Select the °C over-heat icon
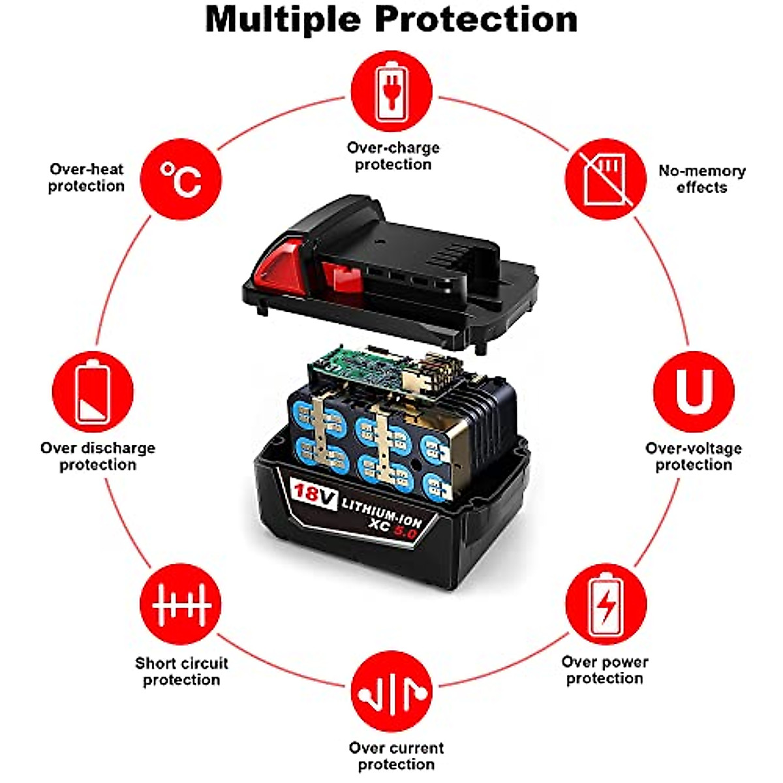pyautogui.click(x=181, y=179)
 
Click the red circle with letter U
pyautogui.click(x=694, y=391)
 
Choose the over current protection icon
pyautogui.click(x=391, y=691)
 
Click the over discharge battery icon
pyautogui.click(x=93, y=391)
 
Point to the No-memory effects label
pyautogui.click(x=701, y=179)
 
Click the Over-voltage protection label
pyautogui.click(x=694, y=456)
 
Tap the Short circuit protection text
pyautogui.click(x=181, y=671)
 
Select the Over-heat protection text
pyautogui.click(x=86, y=177)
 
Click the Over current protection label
pyautogui.click(x=396, y=756)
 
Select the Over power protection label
pyautogui.click(x=605, y=670)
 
